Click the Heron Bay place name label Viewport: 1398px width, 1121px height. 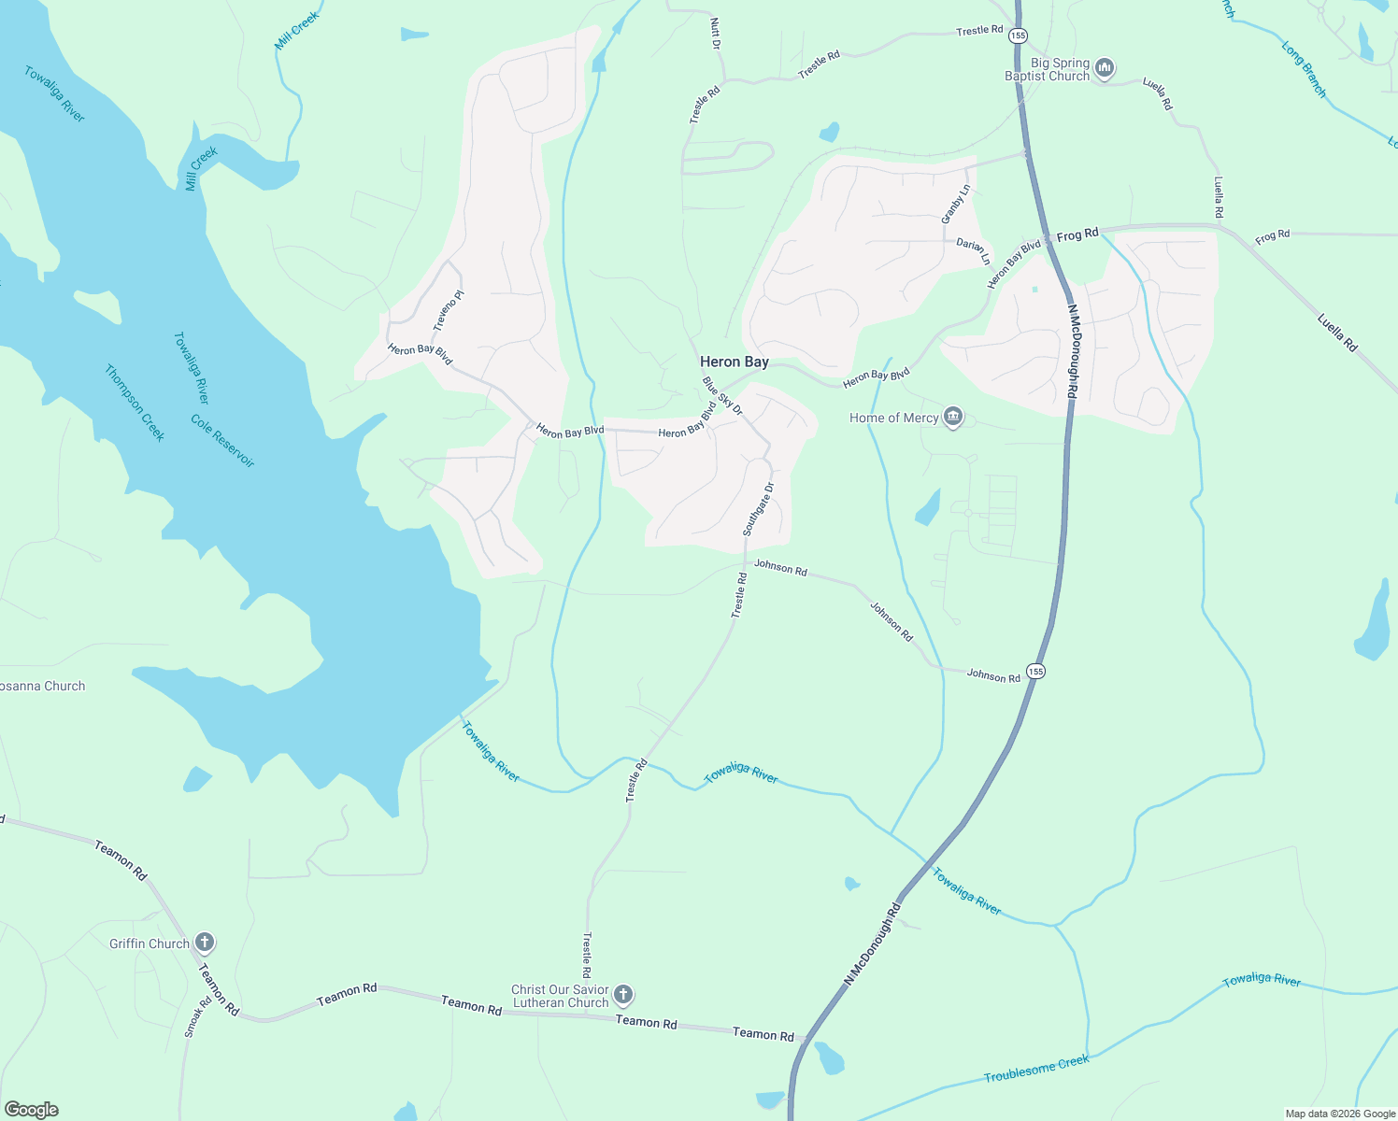click(735, 362)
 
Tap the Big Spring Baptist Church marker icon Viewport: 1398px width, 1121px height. click(1105, 68)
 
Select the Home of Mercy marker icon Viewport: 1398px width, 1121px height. click(953, 417)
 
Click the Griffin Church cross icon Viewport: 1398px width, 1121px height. click(205, 943)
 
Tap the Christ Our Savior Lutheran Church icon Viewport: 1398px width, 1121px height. click(624, 995)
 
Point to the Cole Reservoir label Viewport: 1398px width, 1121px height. click(222, 441)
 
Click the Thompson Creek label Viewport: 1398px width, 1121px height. click(135, 404)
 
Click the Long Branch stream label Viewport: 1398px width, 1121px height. click(1304, 69)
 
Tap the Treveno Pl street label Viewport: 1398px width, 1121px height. click(449, 311)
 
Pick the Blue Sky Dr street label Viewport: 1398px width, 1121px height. click(722, 396)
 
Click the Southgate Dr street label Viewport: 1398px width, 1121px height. click(758, 509)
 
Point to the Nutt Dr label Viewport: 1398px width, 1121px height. click(715, 33)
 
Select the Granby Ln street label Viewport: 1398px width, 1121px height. click(956, 204)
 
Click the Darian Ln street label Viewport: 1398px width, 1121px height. click(973, 251)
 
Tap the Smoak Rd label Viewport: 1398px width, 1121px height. click(193, 1017)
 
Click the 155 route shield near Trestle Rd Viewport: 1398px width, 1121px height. click(1018, 35)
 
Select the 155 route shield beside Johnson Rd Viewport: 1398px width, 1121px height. click(1034, 672)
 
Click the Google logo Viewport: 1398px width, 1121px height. click(32, 1110)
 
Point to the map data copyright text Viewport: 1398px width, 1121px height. click(1340, 1114)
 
